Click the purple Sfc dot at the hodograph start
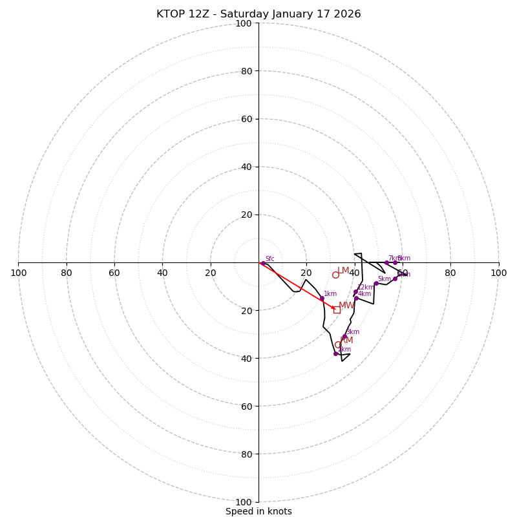(x=263, y=263)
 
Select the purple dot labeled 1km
(x=322, y=299)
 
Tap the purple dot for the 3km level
(x=344, y=337)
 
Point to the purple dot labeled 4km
(x=356, y=299)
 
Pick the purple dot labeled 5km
(x=376, y=284)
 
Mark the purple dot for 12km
(x=355, y=291)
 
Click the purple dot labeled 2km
(x=336, y=353)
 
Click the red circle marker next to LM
(x=335, y=275)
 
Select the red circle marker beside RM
(x=338, y=344)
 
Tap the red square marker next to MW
(x=337, y=310)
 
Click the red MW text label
(x=346, y=306)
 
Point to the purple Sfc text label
(x=269, y=259)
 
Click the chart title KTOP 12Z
(x=258, y=14)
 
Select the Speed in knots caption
(x=258, y=512)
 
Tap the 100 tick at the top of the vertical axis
(x=244, y=24)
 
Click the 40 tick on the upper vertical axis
(x=246, y=167)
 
